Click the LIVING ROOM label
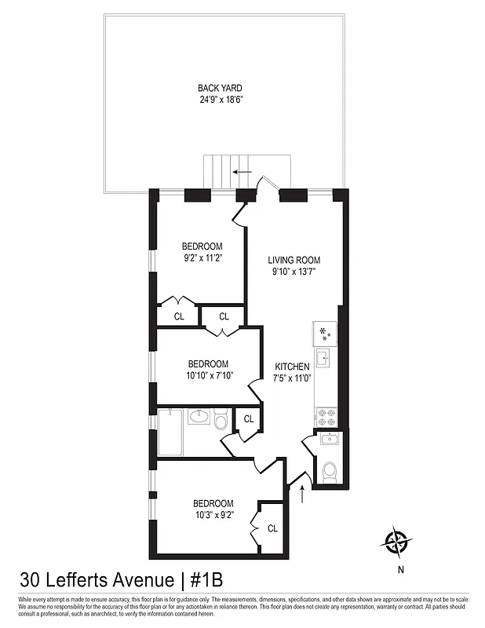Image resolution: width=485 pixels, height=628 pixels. coord(294,261)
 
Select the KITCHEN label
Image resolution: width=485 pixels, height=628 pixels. coord(292,367)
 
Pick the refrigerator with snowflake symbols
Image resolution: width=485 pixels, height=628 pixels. coord(325,333)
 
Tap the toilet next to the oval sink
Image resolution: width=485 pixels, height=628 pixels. coord(221,423)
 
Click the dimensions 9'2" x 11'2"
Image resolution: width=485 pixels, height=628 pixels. coord(203,257)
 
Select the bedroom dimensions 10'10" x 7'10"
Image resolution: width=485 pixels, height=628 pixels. coord(208,376)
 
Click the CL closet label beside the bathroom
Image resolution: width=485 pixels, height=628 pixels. coord(248,419)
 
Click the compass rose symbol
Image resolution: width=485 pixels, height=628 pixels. coord(399,542)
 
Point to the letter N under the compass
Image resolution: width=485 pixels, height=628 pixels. coord(399,570)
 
